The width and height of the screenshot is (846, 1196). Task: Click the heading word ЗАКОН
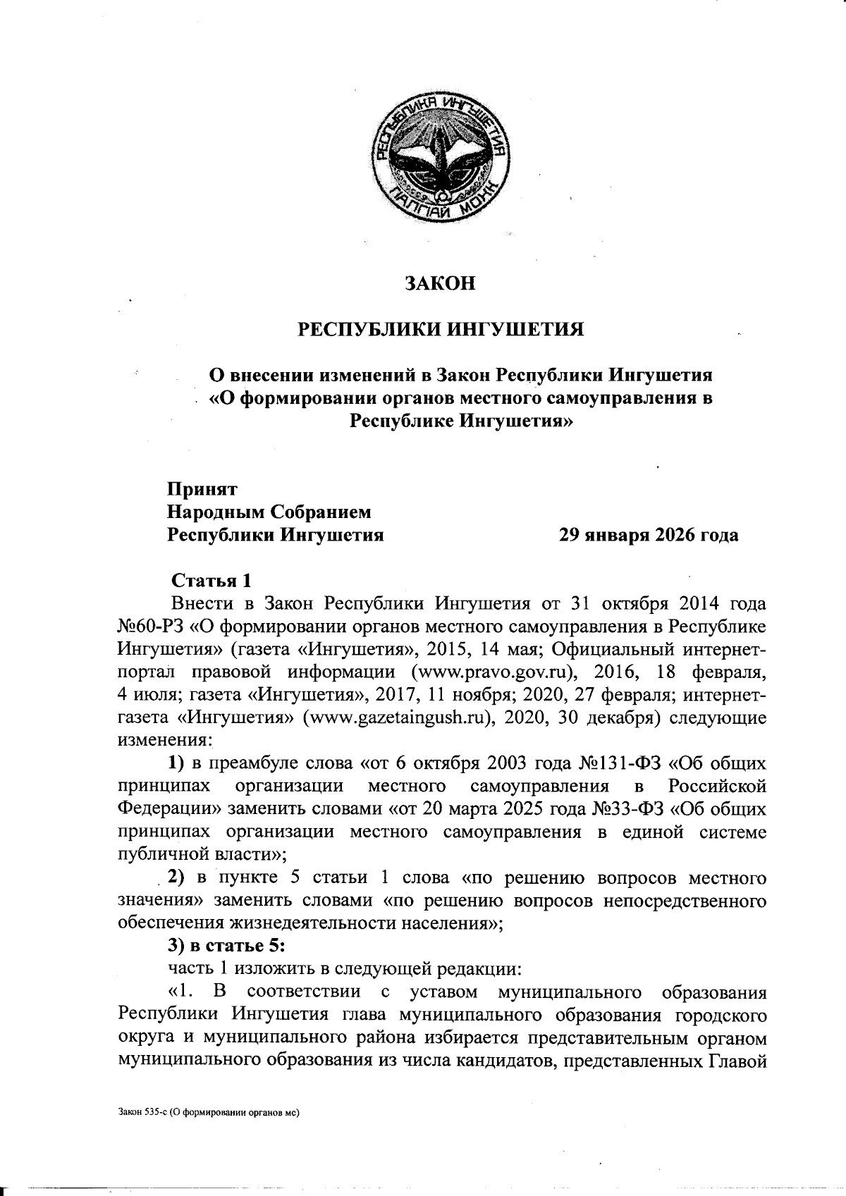click(x=440, y=283)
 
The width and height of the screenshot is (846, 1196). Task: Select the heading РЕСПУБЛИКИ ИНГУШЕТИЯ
click(x=440, y=329)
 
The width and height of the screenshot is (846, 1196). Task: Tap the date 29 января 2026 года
click(x=649, y=535)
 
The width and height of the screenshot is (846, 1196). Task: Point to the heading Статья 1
click(x=211, y=581)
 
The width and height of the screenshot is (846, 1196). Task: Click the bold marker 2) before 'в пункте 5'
click(x=175, y=879)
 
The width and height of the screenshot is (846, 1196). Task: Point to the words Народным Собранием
click(x=269, y=512)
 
